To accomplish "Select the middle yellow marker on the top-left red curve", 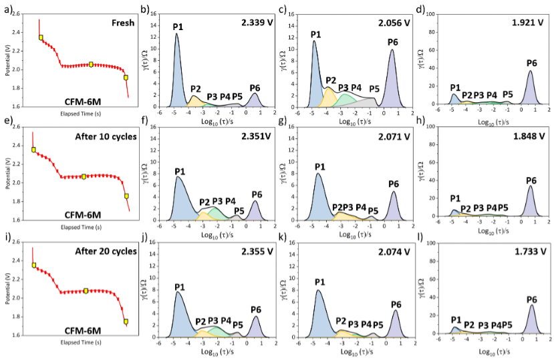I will point(92,64).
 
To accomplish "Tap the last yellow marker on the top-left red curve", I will point(126,77).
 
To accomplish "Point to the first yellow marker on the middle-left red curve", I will point(34,150).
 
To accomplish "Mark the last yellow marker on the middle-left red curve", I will point(126,196).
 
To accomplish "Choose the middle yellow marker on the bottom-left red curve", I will point(86,291).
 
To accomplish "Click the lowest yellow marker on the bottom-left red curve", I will point(126,322).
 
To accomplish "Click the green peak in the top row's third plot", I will point(345,100).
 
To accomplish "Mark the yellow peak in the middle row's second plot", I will point(203,216).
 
